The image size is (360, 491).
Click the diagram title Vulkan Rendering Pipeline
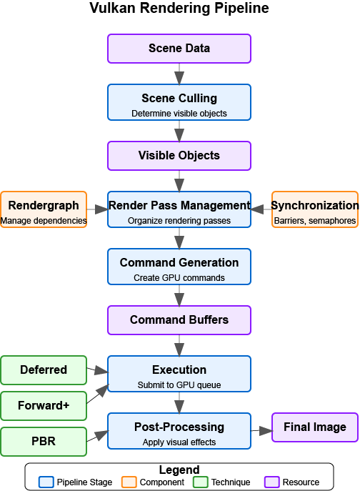pos(179,9)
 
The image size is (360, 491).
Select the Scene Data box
pos(179,49)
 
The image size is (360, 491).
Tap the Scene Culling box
pos(179,102)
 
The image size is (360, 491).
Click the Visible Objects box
pos(179,156)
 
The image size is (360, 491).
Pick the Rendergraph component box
pos(44,209)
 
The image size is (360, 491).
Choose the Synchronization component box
pos(315,209)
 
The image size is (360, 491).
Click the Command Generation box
pos(179,267)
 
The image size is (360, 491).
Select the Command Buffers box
pos(179,320)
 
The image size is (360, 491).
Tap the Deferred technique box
pos(44,370)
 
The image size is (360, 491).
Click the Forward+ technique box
pos(44,405)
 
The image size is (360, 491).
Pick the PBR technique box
pos(44,441)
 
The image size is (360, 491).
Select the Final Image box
pos(315,427)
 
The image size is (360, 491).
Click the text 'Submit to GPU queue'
pos(179,385)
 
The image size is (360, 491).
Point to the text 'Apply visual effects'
pos(179,442)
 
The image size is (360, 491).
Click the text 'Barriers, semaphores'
pos(315,221)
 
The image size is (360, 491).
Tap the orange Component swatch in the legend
pos(129,482)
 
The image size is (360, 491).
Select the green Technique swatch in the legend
pos(201,482)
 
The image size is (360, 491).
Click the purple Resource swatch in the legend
pos(272,482)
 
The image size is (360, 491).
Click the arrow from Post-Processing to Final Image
pos(261,430)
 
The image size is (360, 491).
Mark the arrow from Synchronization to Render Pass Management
pos(261,209)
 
